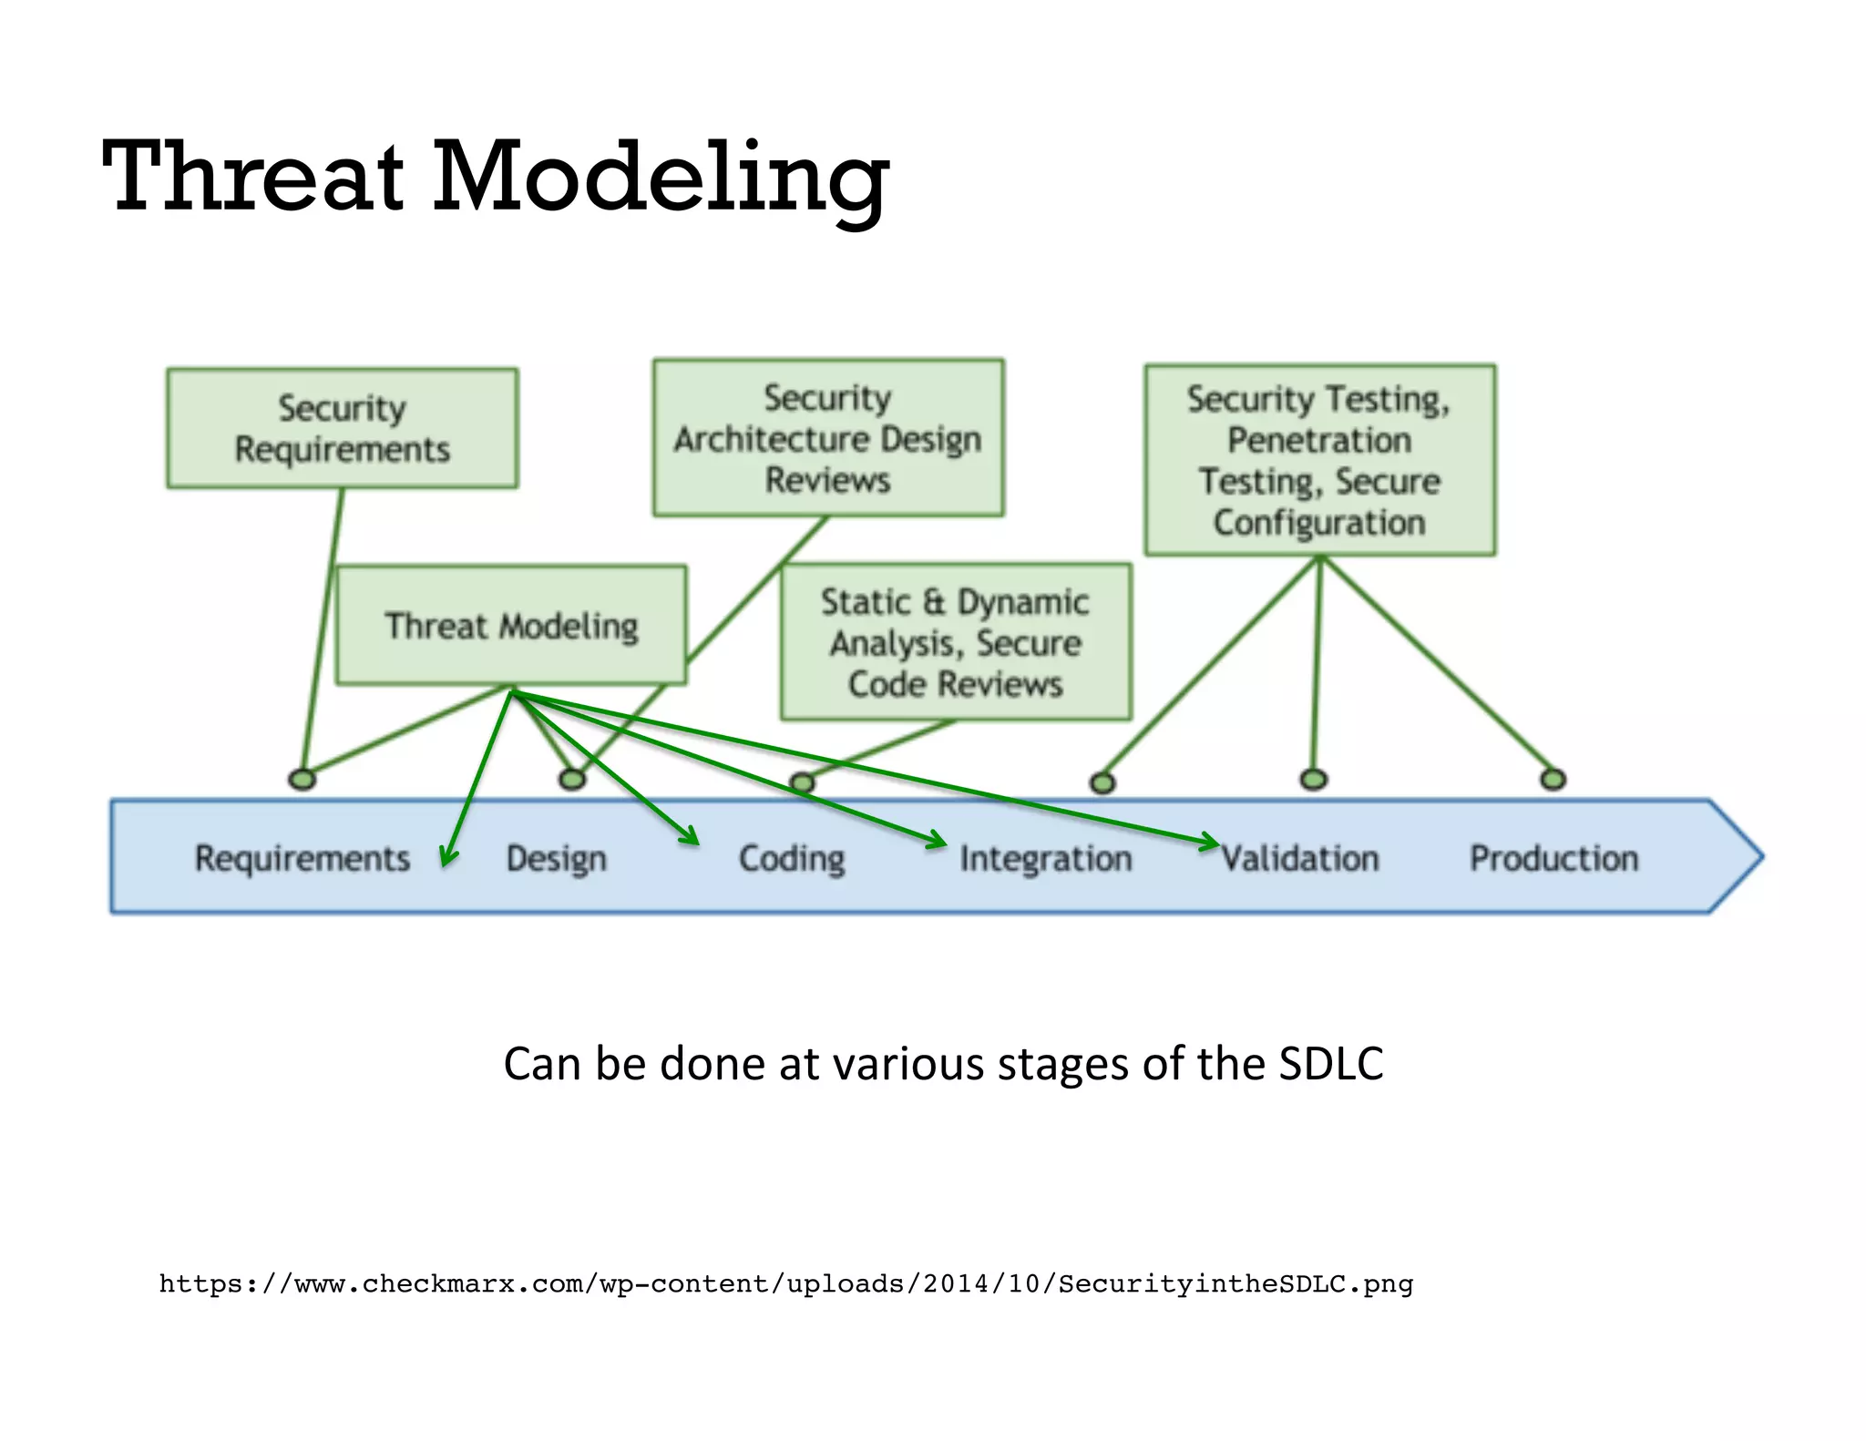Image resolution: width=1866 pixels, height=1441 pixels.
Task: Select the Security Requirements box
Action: click(343, 428)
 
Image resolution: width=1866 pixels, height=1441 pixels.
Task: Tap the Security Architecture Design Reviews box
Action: click(828, 438)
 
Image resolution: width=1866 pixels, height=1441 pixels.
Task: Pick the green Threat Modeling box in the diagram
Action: click(511, 626)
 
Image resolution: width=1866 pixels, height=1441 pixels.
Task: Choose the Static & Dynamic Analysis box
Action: click(956, 642)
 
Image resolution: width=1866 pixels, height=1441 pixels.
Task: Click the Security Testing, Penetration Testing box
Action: click(1319, 460)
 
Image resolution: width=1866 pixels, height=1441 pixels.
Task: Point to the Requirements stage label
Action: click(302, 858)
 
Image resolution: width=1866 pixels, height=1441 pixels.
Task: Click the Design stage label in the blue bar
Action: click(556, 858)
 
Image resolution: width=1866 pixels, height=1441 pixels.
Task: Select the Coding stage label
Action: click(791, 858)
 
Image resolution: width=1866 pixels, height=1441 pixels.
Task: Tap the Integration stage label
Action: click(1045, 858)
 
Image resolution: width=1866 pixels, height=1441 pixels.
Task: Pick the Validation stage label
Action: click(1300, 858)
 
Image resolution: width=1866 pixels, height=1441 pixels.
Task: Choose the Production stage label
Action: click(1553, 858)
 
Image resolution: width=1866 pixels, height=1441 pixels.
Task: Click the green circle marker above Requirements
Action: click(302, 780)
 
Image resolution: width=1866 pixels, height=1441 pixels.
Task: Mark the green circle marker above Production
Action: click(1553, 780)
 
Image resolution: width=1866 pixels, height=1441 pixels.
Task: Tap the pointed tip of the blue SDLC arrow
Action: click(1759, 856)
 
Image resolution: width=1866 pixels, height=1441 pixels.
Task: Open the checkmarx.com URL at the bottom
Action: click(785, 1284)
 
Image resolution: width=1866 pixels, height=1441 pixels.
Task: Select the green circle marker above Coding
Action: click(802, 782)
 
